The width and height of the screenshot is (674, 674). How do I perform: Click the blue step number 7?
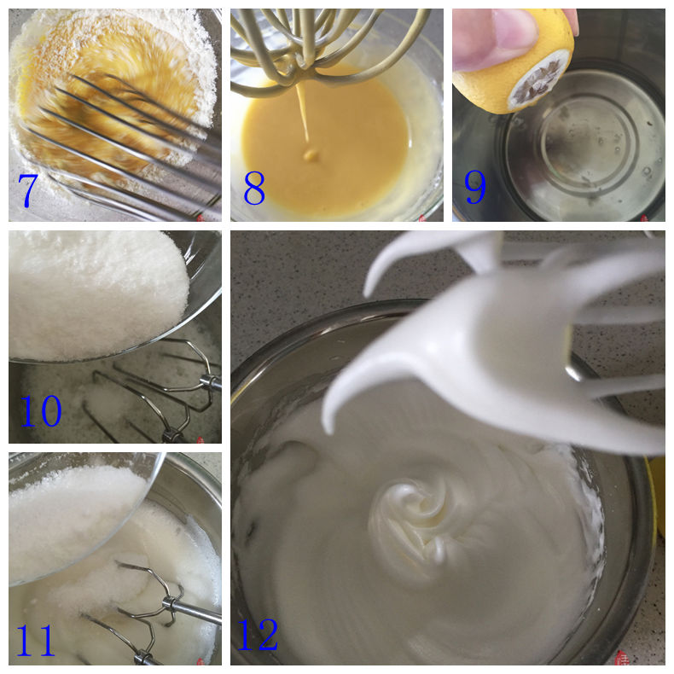28,191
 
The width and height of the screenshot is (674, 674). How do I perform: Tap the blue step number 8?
254,188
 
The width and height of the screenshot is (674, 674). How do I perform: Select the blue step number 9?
475,187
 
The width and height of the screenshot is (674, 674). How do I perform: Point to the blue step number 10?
41,410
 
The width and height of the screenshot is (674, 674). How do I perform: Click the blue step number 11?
36,640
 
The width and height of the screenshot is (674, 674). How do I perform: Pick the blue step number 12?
258,635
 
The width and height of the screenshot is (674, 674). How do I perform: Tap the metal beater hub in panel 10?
211,381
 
